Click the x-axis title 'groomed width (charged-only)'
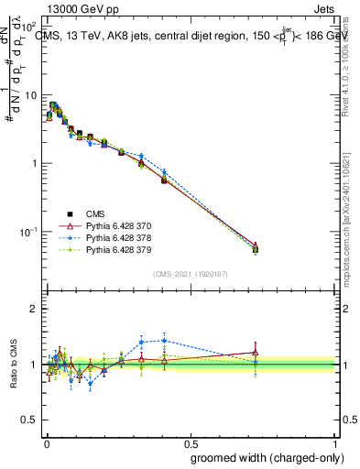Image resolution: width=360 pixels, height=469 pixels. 262,456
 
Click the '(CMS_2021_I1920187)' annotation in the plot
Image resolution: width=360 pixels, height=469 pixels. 190,274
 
